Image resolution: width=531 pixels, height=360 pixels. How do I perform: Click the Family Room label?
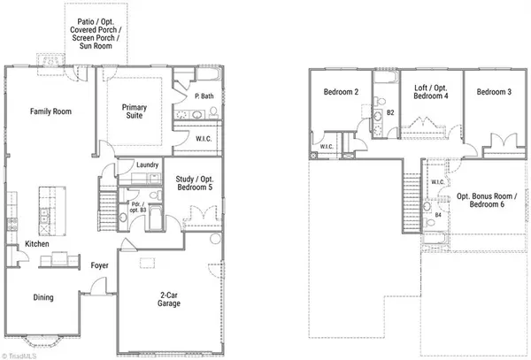click(x=50, y=111)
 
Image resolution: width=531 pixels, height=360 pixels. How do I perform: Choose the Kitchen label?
click(x=36, y=243)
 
